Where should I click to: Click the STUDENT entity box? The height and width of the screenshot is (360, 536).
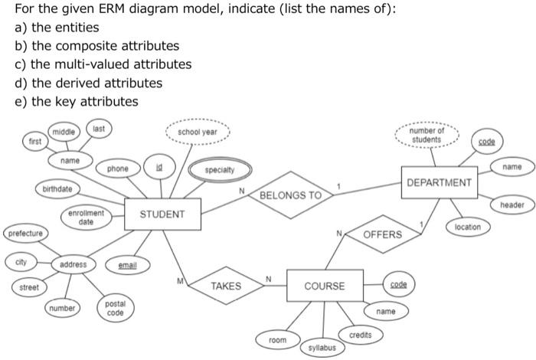click(162, 214)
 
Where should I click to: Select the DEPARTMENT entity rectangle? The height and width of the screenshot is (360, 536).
click(439, 183)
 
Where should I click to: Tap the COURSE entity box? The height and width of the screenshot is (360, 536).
click(324, 286)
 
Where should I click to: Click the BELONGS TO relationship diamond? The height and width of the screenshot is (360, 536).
click(290, 195)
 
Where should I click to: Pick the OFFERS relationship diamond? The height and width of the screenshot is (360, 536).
click(381, 234)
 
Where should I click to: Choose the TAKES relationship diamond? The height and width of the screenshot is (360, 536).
click(225, 286)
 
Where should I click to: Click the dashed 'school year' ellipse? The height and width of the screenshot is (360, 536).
click(197, 132)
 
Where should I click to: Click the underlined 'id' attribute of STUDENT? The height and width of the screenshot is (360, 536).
click(159, 166)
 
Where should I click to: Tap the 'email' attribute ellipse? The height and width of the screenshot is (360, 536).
click(127, 266)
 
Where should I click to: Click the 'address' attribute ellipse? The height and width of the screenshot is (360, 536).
click(74, 265)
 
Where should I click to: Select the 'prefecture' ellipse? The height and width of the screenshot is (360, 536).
click(26, 232)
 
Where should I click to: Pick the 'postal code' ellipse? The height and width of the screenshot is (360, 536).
click(115, 309)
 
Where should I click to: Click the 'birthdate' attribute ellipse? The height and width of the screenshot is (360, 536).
click(57, 188)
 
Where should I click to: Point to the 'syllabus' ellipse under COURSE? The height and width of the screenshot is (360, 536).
click(322, 347)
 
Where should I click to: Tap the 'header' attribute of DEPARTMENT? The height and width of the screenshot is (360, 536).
click(511, 205)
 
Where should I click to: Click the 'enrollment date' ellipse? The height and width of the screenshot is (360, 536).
click(86, 217)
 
